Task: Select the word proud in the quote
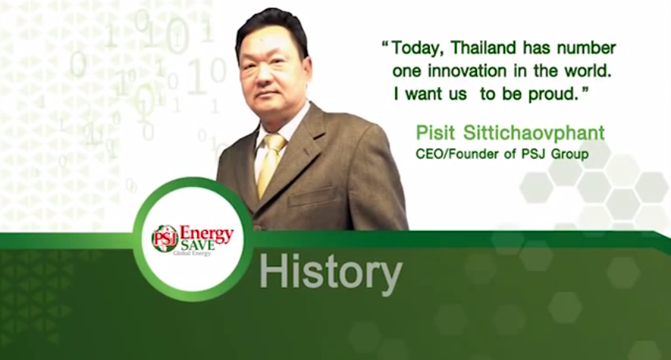(555, 94)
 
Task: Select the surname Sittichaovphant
(534, 133)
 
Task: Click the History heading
(330, 271)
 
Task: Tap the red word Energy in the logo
(207, 233)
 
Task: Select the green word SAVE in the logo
(197, 246)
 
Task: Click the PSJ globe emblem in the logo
(165, 238)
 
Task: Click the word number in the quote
(586, 47)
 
